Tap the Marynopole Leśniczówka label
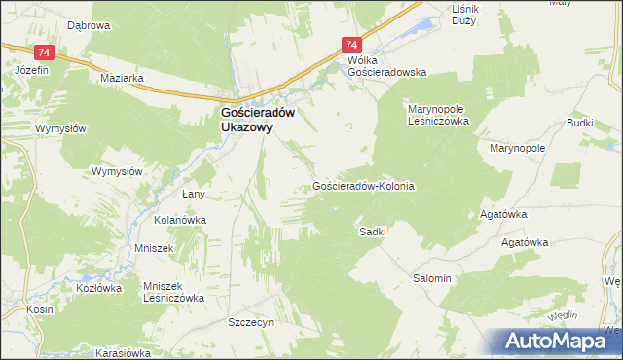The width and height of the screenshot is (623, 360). [x=438, y=115]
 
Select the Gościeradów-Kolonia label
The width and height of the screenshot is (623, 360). [x=364, y=185]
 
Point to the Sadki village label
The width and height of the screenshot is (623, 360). [x=373, y=232]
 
